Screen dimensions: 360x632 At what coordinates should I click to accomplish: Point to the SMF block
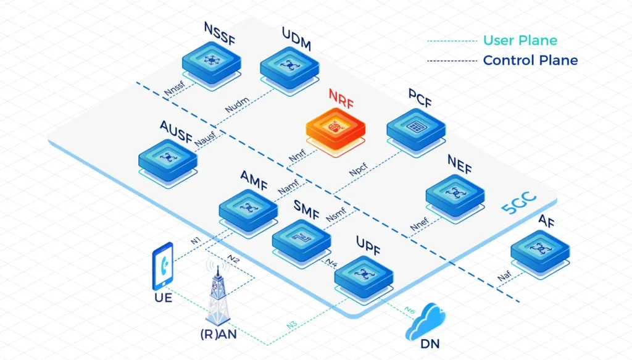[x=301, y=238]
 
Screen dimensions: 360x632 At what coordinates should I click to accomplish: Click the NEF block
[x=455, y=195]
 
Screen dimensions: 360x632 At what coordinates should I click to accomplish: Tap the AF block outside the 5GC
[x=541, y=249]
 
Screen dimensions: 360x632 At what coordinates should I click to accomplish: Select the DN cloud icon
[x=428, y=326]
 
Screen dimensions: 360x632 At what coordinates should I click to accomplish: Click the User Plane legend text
[x=520, y=41]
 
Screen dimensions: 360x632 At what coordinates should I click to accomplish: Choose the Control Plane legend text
[x=530, y=61]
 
